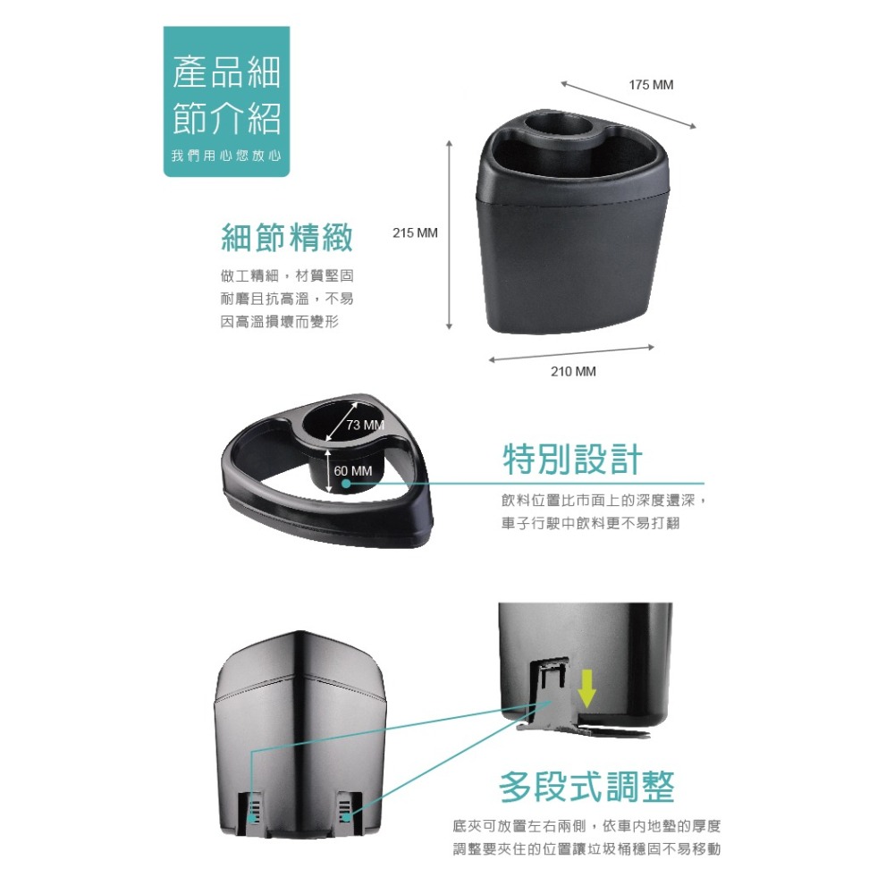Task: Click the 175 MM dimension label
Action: pos(650,85)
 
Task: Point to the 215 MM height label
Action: pos(416,233)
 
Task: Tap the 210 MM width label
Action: pos(572,371)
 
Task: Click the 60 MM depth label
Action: pos(353,471)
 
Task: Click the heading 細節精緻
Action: pos(286,238)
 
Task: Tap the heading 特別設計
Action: pos(572,460)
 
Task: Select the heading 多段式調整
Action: pos(586,787)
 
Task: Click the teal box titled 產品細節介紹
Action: pos(226,101)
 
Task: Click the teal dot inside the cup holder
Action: pos(346,484)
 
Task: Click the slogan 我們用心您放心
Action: pos(226,156)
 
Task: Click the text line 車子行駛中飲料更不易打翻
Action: pos(590,523)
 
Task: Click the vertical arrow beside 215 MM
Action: pos(450,234)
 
